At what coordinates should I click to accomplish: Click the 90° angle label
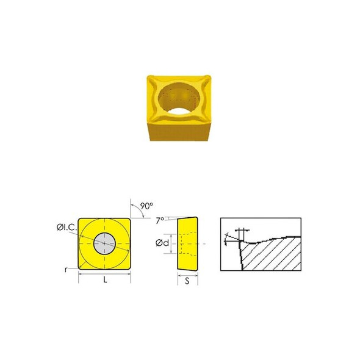146,206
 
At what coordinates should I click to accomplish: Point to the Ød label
162,243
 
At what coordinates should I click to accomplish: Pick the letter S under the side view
188,283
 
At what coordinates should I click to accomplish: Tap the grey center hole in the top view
104,243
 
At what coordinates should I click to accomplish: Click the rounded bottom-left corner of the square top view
81,266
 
